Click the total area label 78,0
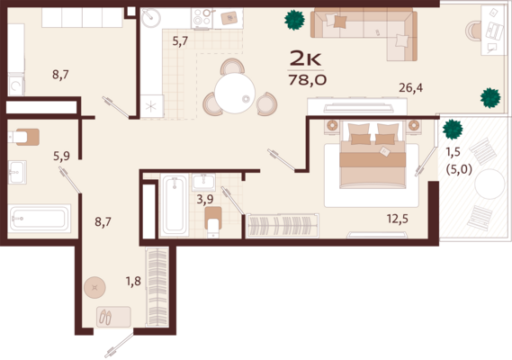click(307, 80)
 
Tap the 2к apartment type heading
click(306, 58)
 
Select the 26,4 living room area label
click(411, 87)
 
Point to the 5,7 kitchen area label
click(180, 41)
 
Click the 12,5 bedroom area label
click(398, 219)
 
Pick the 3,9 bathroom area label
click(205, 199)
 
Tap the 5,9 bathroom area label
click(62, 156)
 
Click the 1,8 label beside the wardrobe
click(133, 281)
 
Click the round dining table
click(235, 93)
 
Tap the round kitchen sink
click(151, 18)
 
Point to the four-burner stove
click(202, 17)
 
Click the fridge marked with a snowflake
click(151, 106)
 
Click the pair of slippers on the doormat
click(105, 317)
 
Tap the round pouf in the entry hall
click(94, 287)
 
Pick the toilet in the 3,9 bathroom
click(213, 221)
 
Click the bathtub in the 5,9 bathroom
click(40, 219)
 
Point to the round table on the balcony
click(490, 184)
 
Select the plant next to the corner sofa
click(294, 20)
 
